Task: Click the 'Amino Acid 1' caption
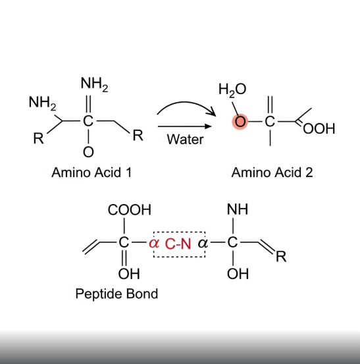point(91,172)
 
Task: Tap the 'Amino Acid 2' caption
point(272,172)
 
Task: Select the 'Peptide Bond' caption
point(116,294)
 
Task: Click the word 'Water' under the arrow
point(185,140)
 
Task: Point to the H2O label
point(232,90)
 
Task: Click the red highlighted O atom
point(240,122)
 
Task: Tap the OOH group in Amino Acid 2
point(319,129)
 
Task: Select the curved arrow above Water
point(186,102)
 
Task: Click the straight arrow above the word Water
point(184,126)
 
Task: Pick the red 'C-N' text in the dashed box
point(178,244)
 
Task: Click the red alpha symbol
point(154,244)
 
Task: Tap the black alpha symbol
point(203,244)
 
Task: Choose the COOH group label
point(129,209)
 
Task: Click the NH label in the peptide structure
point(238,209)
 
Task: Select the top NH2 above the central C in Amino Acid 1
point(94,84)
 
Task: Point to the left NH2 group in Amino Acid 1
point(43,103)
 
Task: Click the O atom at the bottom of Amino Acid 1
point(88,152)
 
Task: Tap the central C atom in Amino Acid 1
point(88,121)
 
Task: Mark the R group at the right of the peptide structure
point(281,257)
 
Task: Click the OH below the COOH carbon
point(129,274)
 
